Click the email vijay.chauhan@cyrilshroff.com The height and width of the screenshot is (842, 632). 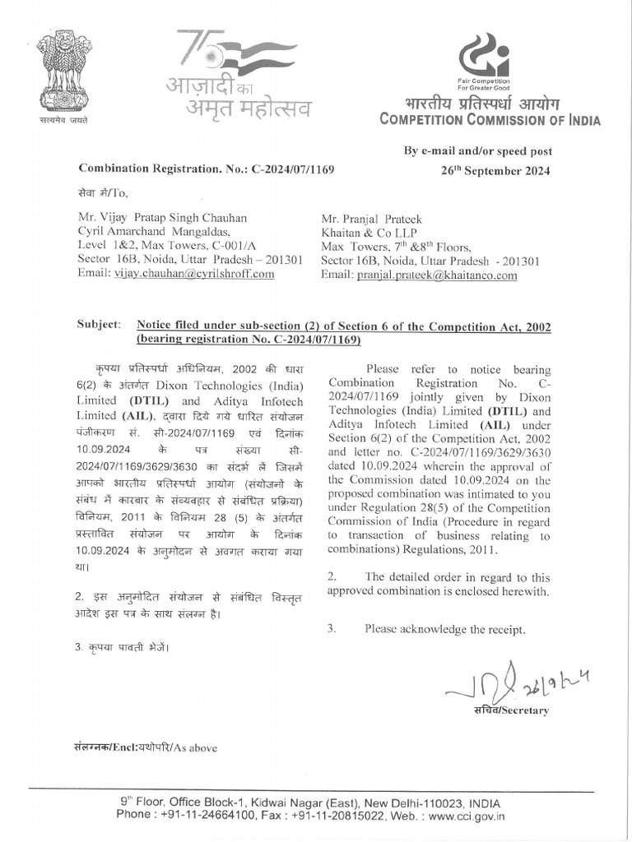(194, 274)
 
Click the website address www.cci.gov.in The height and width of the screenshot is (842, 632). (466, 817)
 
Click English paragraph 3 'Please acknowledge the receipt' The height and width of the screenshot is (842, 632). (445, 629)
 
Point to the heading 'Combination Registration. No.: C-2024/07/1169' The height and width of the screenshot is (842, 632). (207, 169)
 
